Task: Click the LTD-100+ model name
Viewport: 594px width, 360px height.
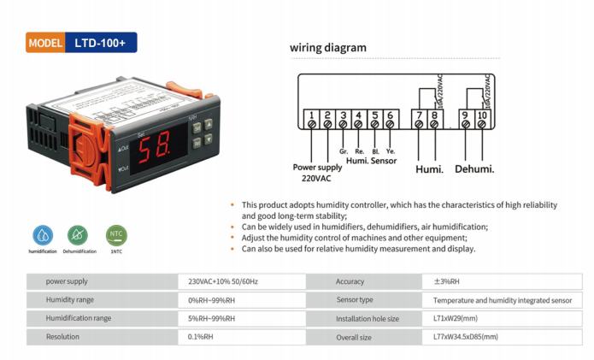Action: click(x=100, y=43)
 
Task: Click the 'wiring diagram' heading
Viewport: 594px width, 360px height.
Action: click(x=327, y=48)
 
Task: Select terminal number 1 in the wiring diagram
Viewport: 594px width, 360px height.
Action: click(x=312, y=115)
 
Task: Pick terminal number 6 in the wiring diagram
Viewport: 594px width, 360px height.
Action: click(x=391, y=115)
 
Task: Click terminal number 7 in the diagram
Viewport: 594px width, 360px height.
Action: click(x=418, y=115)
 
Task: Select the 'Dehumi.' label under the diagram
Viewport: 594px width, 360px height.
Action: click(x=474, y=169)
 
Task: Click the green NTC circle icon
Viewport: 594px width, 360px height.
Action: click(x=116, y=233)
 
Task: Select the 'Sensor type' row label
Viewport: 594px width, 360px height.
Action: click(x=355, y=300)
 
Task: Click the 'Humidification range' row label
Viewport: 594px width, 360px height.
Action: click(x=79, y=318)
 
